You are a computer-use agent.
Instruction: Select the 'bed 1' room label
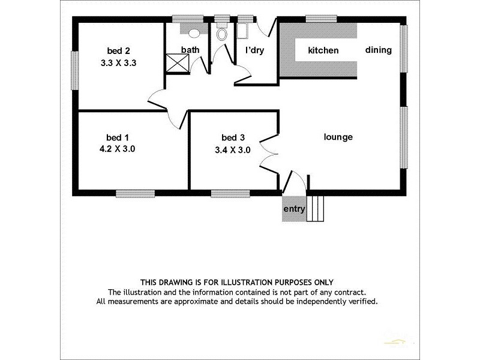tap(118, 136)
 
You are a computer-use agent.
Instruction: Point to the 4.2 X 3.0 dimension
tap(118, 149)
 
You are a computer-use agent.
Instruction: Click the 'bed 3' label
tap(232, 137)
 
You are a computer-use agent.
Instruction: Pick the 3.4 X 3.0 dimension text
tap(232, 150)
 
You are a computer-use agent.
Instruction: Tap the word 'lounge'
tap(338, 137)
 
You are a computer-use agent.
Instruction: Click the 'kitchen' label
tap(323, 50)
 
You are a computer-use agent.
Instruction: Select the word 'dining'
tap(378, 50)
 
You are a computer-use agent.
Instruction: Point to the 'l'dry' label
tap(254, 50)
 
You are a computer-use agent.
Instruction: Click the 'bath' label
tap(191, 50)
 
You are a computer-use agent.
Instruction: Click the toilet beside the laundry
tap(222, 34)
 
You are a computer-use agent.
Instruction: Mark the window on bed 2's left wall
tap(76, 71)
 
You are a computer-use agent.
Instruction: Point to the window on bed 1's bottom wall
tap(135, 193)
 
